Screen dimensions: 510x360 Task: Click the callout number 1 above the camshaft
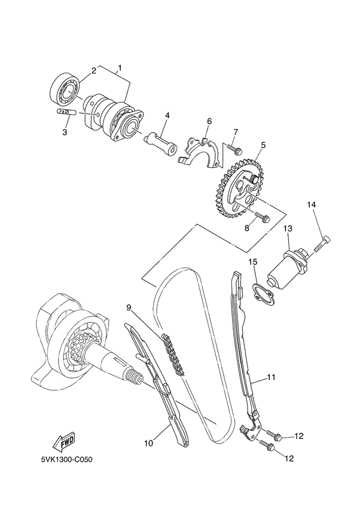[119, 68]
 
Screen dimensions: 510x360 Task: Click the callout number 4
[166, 116]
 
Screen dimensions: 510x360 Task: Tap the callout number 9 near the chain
[129, 308]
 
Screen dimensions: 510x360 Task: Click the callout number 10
[148, 443]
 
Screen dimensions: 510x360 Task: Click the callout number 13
[288, 228]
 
